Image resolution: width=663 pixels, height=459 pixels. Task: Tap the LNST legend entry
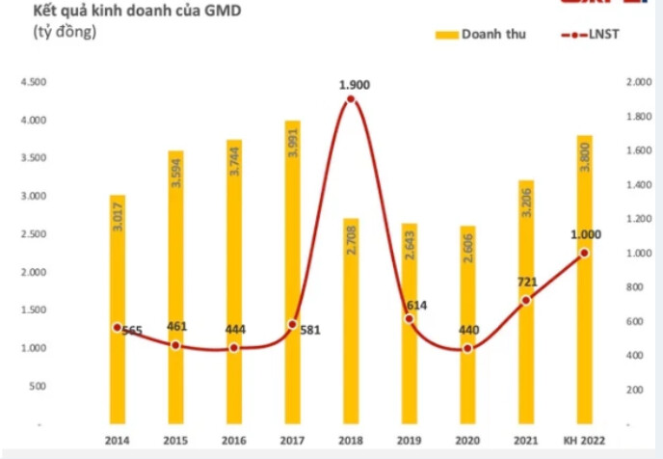tap(594, 36)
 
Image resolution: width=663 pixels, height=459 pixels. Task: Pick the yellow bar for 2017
tap(292, 280)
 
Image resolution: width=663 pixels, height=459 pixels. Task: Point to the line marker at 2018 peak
tap(351, 99)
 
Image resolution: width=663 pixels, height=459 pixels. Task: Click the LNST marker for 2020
tap(467, 348)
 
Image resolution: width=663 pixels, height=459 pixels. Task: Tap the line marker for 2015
tap(175, 344)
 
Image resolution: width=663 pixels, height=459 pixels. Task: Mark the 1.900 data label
tap(354, 85)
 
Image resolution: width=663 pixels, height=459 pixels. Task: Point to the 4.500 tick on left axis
tap(32, 83)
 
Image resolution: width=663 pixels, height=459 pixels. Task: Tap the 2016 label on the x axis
tap(234, 441)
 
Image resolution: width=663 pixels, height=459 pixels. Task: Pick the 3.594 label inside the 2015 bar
tap(175, 169)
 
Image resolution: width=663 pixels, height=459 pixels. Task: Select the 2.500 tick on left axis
tap(32, 234)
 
